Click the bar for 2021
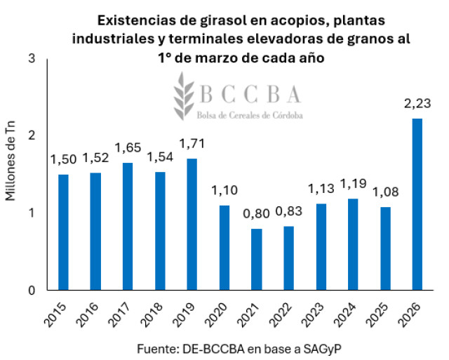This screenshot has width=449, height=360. tap(257, 259)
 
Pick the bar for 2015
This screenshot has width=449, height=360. tap(64, 232)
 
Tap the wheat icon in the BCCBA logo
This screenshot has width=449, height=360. tap(185, 96)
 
